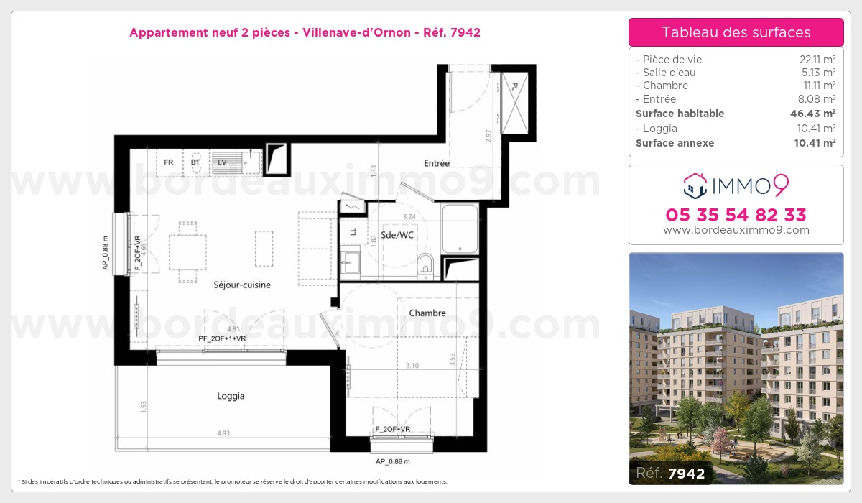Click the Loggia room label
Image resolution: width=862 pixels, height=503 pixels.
click(x=231, y=396)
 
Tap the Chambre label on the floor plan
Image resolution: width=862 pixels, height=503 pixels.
click(x=427, y=313)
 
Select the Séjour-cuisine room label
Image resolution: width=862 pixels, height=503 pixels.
click(x=242, y=285)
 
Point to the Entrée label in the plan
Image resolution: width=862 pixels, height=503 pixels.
click(x=436, y=163)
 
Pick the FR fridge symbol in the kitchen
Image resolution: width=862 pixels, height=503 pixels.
click(x=169, y=162)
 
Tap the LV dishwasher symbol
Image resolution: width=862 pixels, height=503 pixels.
click(x=222, y=162)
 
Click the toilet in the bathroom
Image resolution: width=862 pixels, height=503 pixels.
click(x=425, y=265)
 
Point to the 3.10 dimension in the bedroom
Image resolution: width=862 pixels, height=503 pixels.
click(x=412, y=366)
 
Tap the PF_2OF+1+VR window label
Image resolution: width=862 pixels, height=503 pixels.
click(x=222, y=338)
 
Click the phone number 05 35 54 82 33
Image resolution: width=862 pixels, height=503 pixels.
click(x=736, y=215)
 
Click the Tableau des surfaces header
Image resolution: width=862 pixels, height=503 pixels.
click(x=736, y=32)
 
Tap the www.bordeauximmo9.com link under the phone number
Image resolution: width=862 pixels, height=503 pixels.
click(x=736, y=230)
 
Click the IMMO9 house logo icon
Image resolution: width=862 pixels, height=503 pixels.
click(x=695, y=185)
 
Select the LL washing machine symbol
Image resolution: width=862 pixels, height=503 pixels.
click(x=353, y=231)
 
